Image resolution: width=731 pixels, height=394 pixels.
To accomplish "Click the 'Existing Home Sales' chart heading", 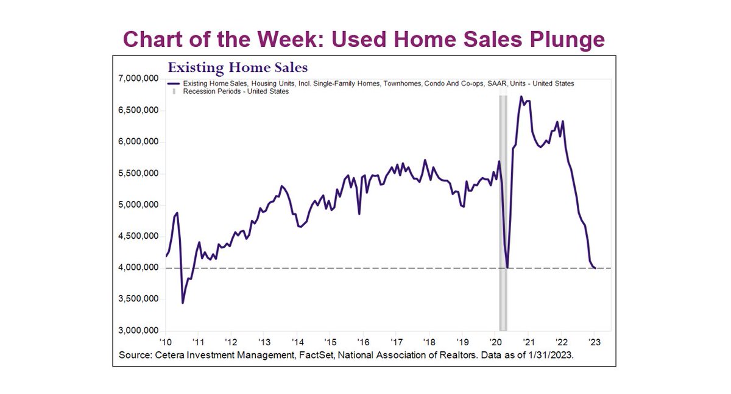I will point(238,67).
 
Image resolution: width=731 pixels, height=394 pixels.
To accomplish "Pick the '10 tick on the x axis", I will point(165,342).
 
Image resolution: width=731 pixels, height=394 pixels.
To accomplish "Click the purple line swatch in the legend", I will point(174,83).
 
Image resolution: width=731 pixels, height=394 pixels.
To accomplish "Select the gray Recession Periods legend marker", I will point(174,91).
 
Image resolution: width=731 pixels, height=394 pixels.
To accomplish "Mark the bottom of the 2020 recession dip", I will point(507,267).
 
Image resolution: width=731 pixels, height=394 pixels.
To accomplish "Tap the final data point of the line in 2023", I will point(595,268).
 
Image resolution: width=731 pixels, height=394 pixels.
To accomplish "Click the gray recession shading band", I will point(503,207).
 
